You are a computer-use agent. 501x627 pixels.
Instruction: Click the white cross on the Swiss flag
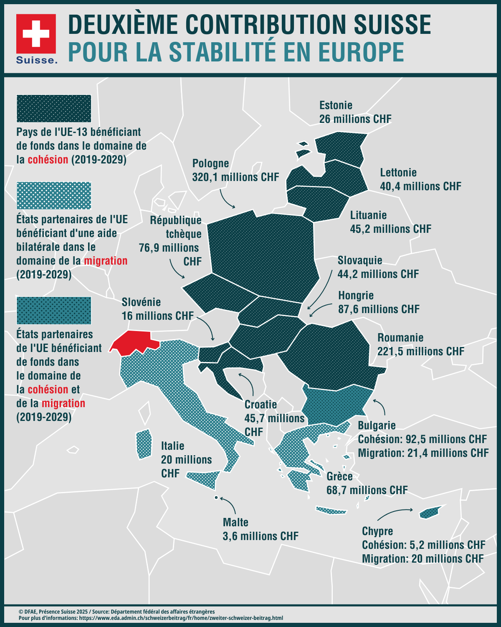[x=36, y=33]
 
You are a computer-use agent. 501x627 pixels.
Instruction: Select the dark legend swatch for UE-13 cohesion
[x=54, y=108]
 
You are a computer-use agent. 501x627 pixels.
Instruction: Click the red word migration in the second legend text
[x=106, y=261]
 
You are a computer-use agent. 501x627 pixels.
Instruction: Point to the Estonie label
[x=336, y=105]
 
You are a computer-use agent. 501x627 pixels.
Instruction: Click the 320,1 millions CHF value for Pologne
[x=235, y=177]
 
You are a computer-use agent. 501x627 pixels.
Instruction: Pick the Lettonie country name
[x=398, y=173]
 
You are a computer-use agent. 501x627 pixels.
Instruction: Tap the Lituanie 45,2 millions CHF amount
[x=390, y=229]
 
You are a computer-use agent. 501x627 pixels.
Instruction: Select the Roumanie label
[x=400, y=338]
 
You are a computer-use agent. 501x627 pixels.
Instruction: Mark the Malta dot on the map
[x=216, y=497]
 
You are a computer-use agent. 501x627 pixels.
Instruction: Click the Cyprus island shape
[x=430, y=512]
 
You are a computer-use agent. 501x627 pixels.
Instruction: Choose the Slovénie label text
[x=141, y=302]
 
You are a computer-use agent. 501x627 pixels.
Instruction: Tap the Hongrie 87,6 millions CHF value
[x=379, y=309]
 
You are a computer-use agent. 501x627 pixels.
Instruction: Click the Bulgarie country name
[x=377, y=426]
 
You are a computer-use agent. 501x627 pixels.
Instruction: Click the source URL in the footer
[x=181, y=618]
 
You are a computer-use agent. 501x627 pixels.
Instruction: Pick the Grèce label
[x=339, y=477]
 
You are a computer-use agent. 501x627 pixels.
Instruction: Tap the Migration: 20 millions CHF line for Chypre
[x=423, y=559]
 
